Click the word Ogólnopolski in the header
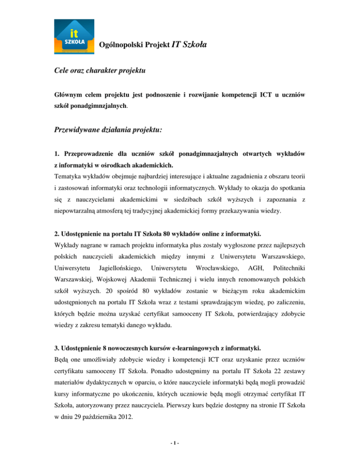122,45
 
